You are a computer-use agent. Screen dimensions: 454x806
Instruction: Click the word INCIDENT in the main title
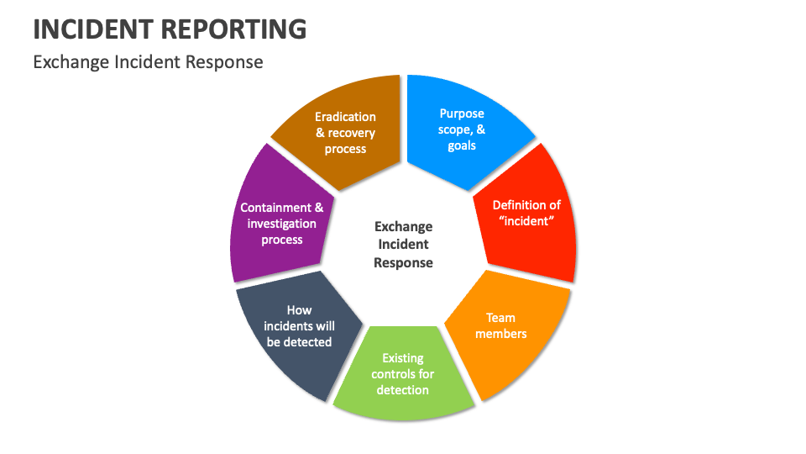[x=92, y=29]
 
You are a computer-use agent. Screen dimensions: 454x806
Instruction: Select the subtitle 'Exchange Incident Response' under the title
[x=148, y=62]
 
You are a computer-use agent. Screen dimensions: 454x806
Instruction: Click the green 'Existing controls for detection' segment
[x=403, y=374]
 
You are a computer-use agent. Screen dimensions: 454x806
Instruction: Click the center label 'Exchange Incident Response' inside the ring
[x=403, y=245]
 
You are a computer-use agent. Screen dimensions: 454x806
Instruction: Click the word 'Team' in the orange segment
[x=501, y=318]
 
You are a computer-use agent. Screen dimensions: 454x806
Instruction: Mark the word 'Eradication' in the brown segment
[x=345, y=117]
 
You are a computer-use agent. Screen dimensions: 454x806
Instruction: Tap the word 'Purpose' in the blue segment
[x=462, y=113]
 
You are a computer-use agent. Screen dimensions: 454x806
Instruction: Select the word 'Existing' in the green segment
[x=403, y=358]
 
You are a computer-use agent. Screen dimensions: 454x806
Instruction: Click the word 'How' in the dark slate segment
[x=299, y=310]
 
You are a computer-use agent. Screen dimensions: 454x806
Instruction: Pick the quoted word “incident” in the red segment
[x=526, y=221]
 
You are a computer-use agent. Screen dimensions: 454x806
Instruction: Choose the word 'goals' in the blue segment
[x=462, y=145]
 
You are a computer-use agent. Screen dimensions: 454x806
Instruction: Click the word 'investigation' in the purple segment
[x=281, y=224]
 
